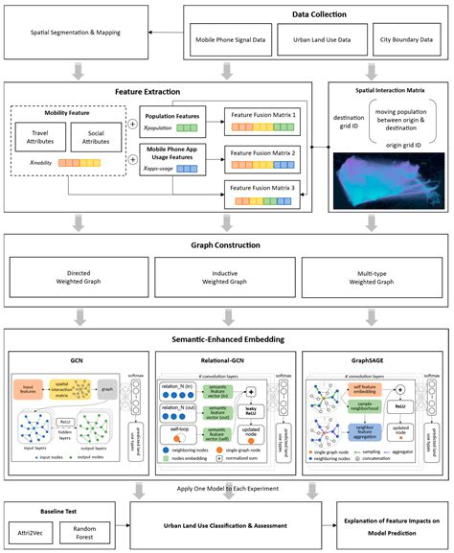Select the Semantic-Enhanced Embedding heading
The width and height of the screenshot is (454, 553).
(x=227, y=340)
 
